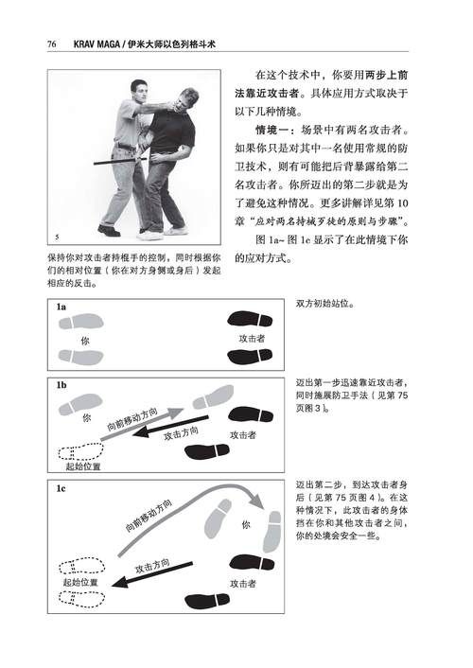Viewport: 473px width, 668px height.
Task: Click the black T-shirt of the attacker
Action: click(x=176, y=132)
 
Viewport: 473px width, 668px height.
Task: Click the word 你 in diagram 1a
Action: click(x=85, y=340)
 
